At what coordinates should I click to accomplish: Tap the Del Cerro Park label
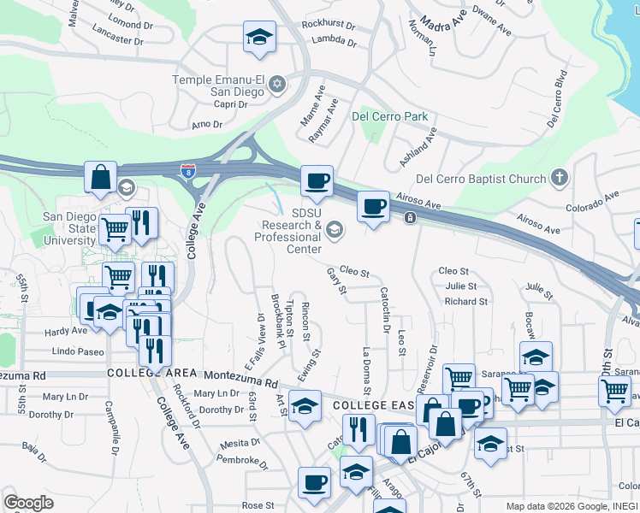click(x=389, y=115)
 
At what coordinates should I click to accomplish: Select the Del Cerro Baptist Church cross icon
click(x=560, y=178)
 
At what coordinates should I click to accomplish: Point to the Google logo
click(x=28, y=503)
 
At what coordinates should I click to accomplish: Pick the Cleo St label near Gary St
click(x=354, y=274)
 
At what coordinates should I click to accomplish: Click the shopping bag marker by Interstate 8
click(x=100, y=178)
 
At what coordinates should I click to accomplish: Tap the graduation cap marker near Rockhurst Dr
click(x=258, y=38)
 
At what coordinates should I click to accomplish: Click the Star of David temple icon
click(x=276, y=84)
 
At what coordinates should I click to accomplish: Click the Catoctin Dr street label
click(x=383, y=310)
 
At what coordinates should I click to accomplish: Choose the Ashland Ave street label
click(x=422, y=148)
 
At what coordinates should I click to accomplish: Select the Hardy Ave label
click(x=68, y=330)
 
